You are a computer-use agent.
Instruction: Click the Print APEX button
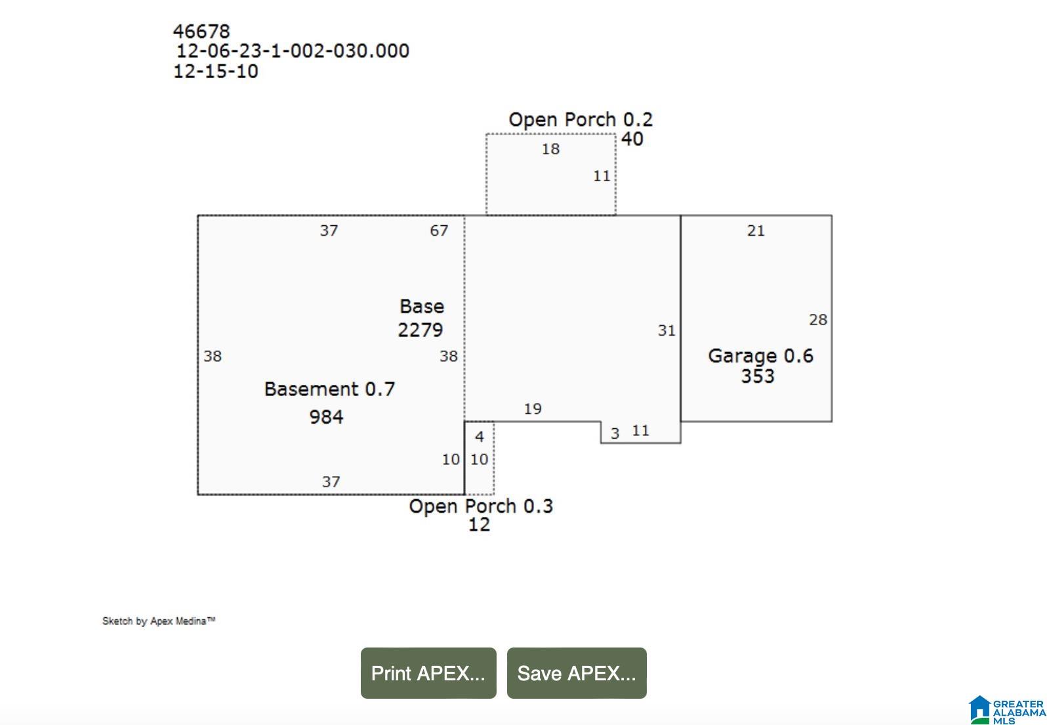(428, 672)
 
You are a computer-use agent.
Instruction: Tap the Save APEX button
(577, 672)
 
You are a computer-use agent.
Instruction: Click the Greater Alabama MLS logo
(1007, 710)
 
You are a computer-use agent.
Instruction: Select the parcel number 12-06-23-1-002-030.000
(293, 51)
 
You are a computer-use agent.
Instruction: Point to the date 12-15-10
(215, 71)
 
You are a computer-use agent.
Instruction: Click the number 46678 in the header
(201, 32)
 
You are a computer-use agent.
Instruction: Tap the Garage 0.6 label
(760, 356)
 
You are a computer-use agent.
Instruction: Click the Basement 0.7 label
(329, 389)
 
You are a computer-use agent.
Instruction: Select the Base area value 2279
(421, 330)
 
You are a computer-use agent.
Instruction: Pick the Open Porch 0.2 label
(581, 120)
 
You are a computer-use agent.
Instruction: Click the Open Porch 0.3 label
(481, 506)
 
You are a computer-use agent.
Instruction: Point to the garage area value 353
(758, 376)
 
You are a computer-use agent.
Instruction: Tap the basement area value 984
(326, 416)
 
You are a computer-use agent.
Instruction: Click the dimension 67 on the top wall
(439, 231)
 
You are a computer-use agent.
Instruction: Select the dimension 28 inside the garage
(818, 320)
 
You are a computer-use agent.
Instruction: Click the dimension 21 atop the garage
(756, 231)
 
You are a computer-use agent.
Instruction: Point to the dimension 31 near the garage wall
(667, 330)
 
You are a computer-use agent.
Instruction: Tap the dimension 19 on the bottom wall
(533, 409)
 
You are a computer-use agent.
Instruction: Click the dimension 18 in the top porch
(550, 149)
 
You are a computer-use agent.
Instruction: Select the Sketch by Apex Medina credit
(159, 621)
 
